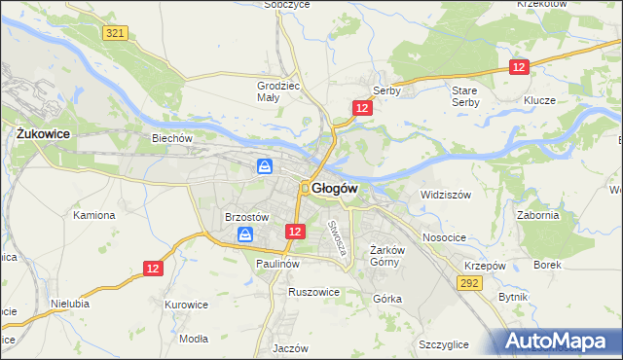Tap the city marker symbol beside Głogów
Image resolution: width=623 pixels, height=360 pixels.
[305, 188]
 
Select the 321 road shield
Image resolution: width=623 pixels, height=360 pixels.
[115, 33]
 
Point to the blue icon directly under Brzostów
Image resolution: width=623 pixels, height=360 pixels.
[245, 234]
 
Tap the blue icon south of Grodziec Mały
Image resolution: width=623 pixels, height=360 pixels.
[265, 167]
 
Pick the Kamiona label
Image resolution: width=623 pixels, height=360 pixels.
[94, 215]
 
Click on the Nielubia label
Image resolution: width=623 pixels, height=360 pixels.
[71, 303]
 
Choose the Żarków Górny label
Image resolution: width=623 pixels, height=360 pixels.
[387, 256]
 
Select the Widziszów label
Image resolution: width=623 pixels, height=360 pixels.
[446, 195]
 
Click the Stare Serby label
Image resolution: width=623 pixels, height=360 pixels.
[465, 95]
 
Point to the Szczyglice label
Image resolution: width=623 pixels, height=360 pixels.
[444, 344]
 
